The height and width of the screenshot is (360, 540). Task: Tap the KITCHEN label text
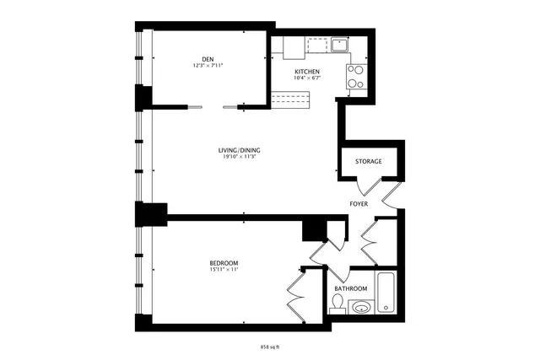[x=306, y=73]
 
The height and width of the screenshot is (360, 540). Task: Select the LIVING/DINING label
[x=239, y=149]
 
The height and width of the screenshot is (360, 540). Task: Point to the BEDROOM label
[x=224, y=263]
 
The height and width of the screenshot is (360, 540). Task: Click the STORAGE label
[x=368, y=161]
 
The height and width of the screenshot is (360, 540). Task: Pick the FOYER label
[x=360, y=205]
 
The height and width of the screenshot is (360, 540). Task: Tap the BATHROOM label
[x=350, y=288]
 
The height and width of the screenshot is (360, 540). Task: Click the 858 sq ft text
[x=269, y=347]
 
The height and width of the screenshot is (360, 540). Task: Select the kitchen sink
[x=341, y=44]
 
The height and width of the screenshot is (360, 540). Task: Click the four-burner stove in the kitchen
[x=356, y=77]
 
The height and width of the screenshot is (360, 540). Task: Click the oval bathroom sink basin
[x=360, y=306]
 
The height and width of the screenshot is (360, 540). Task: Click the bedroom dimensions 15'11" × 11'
[x=224, y=270]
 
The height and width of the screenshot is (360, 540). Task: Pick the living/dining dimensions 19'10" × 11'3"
[x=239, y=156]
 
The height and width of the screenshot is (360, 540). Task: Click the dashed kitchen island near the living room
[x=291, y=100]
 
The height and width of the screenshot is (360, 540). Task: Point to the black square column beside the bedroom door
[x=314, y=229]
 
